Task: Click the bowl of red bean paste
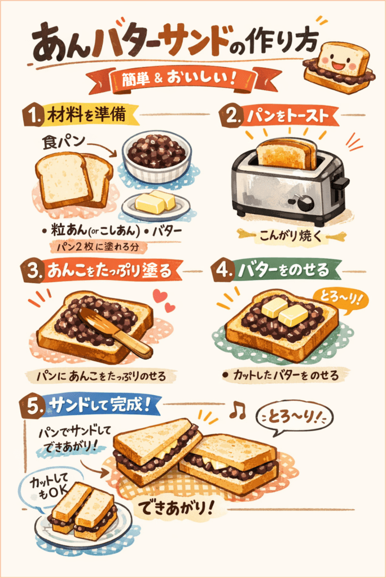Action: coord(157,156)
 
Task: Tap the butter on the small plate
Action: coord(155,202)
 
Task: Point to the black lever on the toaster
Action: coord(340,182)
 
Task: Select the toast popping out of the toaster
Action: coord(287,154)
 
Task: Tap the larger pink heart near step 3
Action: coord(160,295)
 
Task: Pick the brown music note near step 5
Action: coord(238,410)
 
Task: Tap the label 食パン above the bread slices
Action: coord(63,142)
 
